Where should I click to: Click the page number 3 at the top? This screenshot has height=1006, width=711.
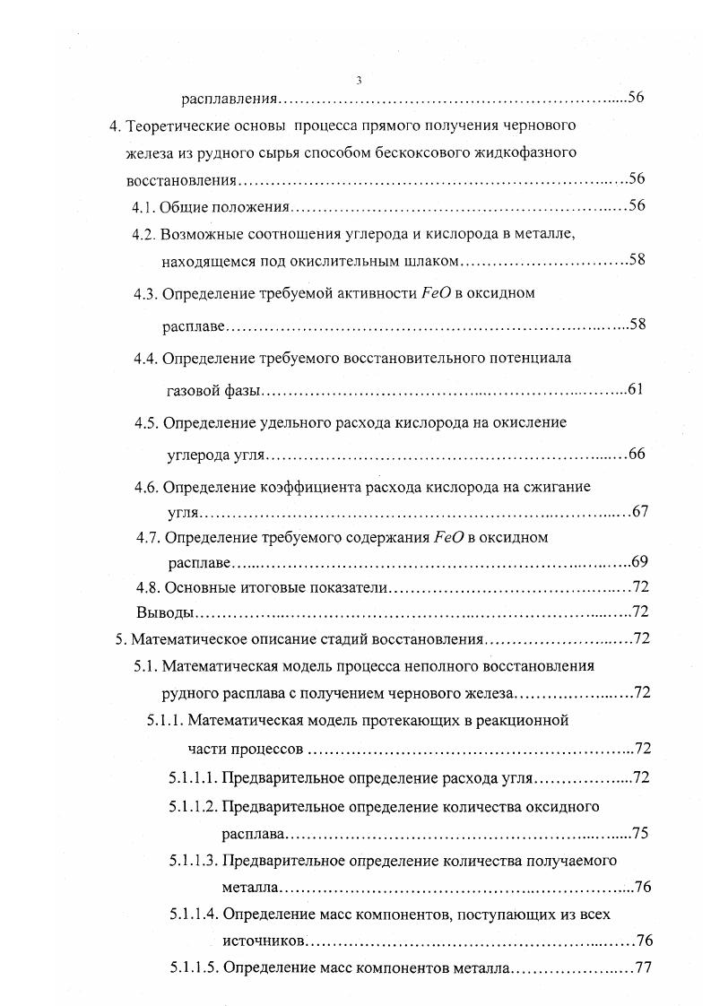point(359,80)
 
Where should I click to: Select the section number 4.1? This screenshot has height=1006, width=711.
point(144,206)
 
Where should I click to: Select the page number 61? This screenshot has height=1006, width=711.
point(636,389)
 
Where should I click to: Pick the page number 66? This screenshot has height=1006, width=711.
point(637,454)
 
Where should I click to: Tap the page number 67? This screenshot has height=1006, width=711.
point(639,512)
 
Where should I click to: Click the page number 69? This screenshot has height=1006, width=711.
point(639,562)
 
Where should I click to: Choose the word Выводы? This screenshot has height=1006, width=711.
point(163,613)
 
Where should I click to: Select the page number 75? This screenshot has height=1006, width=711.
point(640,833)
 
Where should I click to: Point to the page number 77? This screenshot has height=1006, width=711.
point(641,968)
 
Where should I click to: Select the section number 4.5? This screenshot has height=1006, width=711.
point(146,422)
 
